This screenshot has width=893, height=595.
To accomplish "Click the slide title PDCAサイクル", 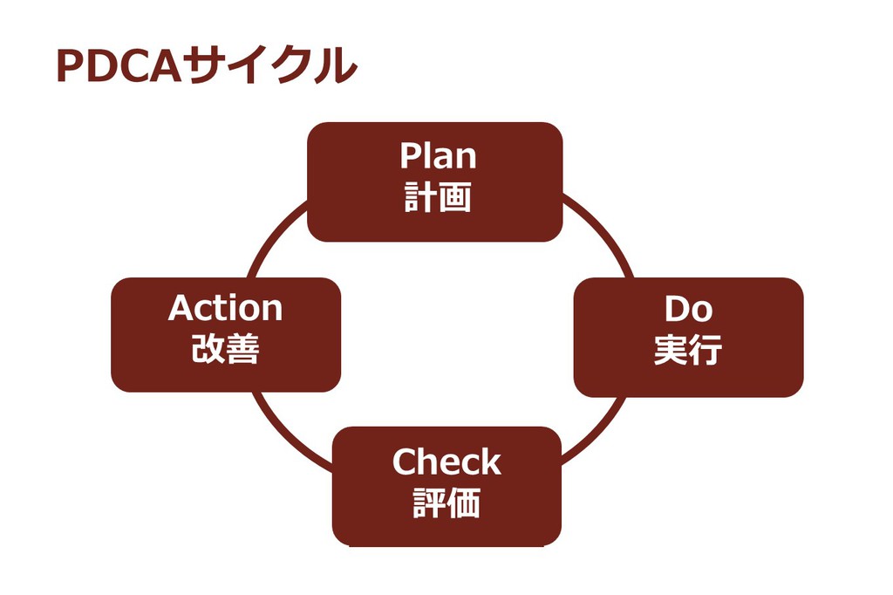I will pos(207,66).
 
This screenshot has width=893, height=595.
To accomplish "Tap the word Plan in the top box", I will pos(438,156).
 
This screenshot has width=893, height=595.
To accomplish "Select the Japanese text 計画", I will pos(438,197).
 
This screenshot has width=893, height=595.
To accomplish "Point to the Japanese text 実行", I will pos(688,350).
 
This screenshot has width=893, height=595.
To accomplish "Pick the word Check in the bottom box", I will pos(446,462).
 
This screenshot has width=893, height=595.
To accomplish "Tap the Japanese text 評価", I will pos(446,504).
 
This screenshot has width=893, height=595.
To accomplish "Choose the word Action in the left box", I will pos(225,308).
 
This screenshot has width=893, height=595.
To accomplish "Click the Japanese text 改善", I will pos(225,350).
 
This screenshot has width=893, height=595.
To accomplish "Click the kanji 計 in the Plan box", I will pos(419,197).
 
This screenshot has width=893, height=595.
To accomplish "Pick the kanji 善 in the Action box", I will pos(243,350).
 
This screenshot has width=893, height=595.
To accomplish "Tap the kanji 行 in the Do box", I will pos(706,350).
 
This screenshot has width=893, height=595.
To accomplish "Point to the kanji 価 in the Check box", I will pos(465,504).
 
